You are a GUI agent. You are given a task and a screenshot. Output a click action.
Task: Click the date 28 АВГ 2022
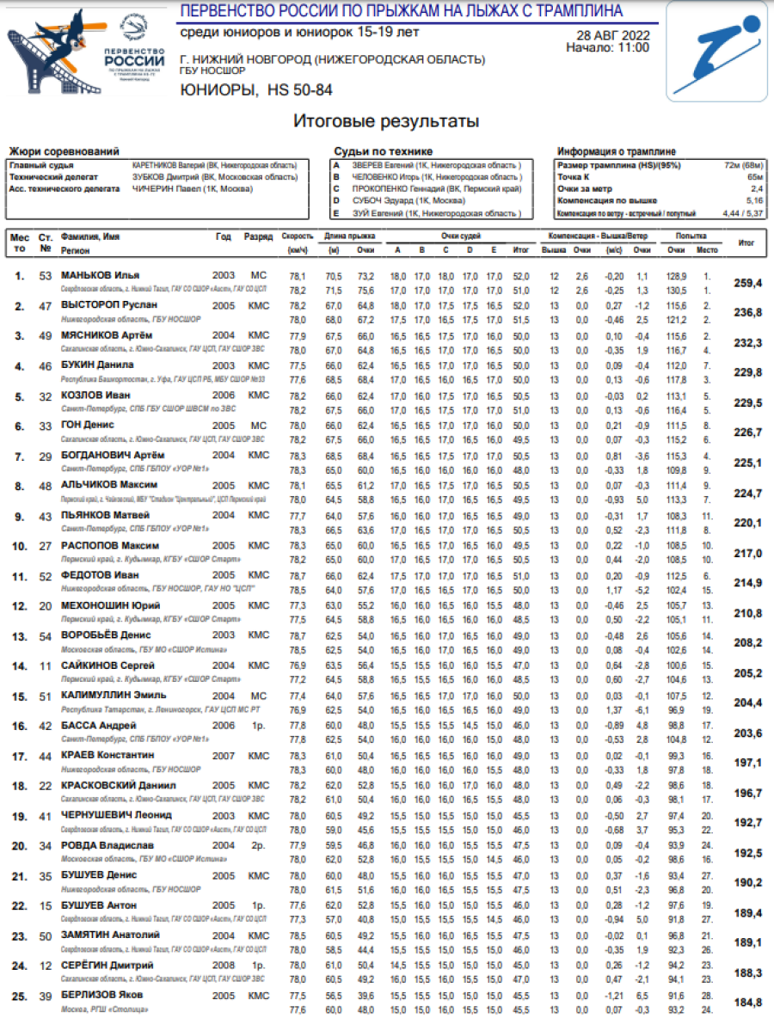[612, 35]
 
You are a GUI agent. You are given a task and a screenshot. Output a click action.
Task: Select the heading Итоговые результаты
[386, 122]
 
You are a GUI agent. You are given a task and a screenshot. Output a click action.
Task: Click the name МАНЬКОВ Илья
[100, 275]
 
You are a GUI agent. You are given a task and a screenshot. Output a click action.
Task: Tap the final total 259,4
[747, 283]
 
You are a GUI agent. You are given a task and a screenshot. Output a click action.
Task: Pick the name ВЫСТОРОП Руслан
[108, 304]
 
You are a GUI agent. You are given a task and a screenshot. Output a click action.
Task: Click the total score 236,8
[747, 313]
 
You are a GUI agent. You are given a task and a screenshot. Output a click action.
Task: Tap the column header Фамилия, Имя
[89, 236]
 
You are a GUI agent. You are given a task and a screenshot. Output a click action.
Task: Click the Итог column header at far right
[747, 242]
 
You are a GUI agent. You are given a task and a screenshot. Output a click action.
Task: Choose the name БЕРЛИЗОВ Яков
[102, 995]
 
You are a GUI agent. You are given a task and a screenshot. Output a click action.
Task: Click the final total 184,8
[747, 1003]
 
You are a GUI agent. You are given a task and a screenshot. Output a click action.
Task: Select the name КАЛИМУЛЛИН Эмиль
[114, 695]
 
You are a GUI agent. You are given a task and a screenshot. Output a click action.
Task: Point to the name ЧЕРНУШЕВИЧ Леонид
[116, 814]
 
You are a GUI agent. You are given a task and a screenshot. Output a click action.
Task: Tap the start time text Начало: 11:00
[607, 48]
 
